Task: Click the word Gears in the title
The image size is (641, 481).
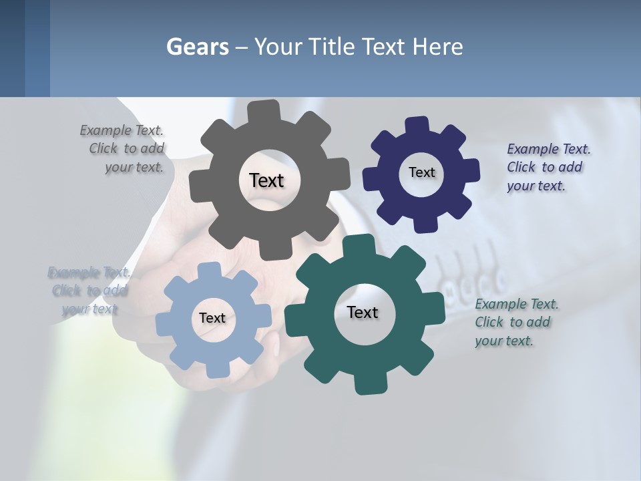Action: (x=198, y=47)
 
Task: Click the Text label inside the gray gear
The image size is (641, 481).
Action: (x=266, y=180)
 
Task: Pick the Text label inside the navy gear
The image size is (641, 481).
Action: (x=421, y=172)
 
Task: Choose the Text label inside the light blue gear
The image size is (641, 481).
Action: (x=212, y=318)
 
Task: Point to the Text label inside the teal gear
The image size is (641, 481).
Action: (x=362, y=312)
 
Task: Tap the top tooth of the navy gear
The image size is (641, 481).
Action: (x=416, y=126)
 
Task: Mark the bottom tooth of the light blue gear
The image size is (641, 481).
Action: (x=215, y=369)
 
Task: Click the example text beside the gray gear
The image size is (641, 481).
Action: (x=126, y=149)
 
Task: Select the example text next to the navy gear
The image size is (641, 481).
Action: (x=545, y=167)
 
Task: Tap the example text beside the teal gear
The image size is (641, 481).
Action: (x=514, y=322)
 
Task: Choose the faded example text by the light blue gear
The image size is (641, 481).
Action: (x=88, y=291)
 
